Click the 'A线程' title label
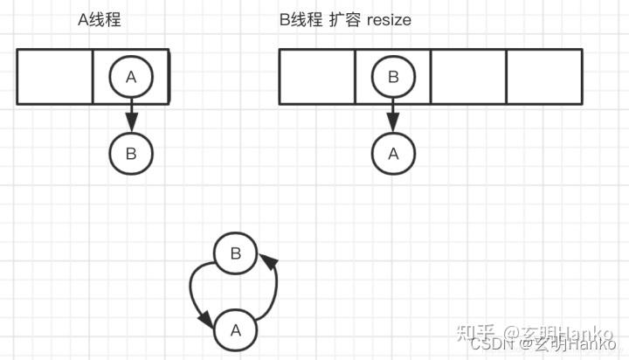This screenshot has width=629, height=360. (99, 20)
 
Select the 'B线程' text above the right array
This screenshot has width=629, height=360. (300, 20)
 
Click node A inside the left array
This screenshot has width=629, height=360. (131, 77)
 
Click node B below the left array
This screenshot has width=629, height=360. (131, 154)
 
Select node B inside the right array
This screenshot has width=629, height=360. (393, 77)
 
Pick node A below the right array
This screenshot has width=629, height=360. (393, 154)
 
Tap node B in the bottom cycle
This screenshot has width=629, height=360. (235, 254)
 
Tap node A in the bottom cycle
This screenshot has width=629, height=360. (235, 330)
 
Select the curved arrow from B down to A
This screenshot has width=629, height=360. (196, 297)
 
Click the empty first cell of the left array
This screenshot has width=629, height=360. (55, 77)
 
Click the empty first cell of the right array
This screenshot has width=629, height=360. (317, 77)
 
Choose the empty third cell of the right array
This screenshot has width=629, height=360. (468, 77)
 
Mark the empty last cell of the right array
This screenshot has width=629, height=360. (544, 77)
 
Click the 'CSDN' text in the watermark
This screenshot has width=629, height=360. (501, 344)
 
